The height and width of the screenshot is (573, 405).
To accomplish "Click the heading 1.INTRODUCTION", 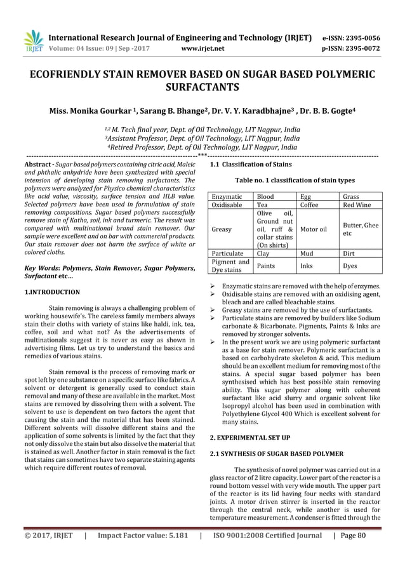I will (51, 292).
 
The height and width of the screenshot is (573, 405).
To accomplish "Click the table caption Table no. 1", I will (295, 181).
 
